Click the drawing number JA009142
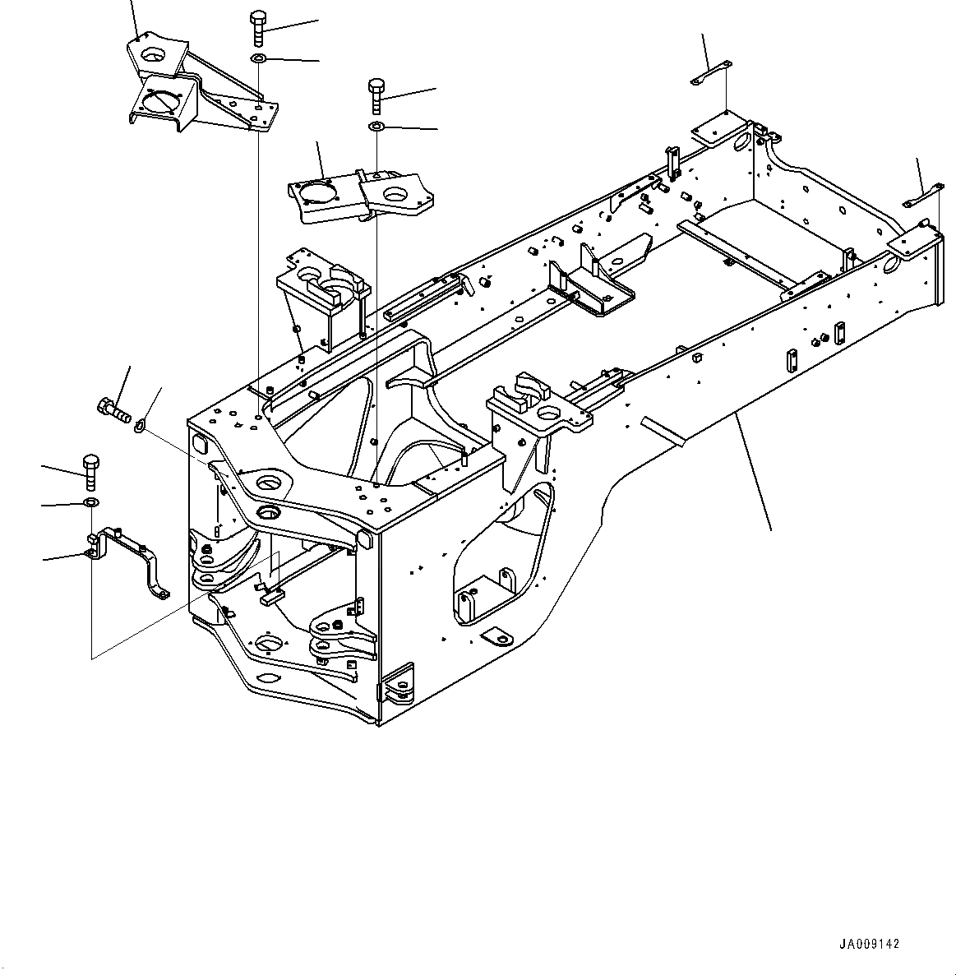tap(870, 945)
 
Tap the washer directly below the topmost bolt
tap(258, 58)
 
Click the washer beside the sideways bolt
tap(140, 425)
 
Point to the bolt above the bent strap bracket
tap(90, 470)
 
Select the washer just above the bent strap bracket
tap(90, 503)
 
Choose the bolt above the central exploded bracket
tap(376, 95)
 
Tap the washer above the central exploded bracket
tap(376, 126)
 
